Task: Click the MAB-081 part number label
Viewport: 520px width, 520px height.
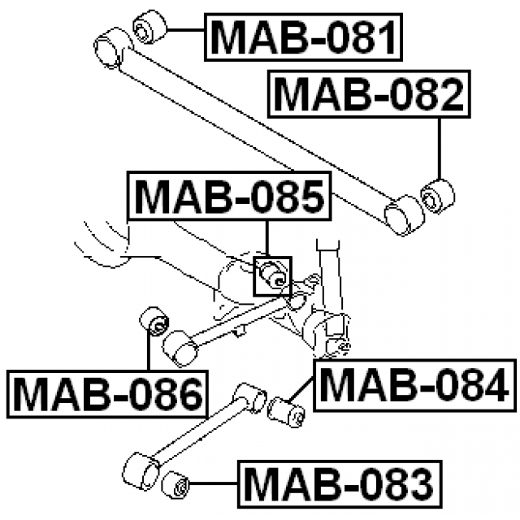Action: click(x=305, y=37)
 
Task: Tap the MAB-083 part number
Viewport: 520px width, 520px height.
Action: click(x=340, y=484)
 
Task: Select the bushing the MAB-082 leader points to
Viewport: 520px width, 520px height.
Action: click(x=438, y=196)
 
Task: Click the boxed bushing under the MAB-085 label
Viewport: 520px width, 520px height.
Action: click(x=272, y=276)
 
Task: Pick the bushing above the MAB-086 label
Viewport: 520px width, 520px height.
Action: click(x=154, y=322)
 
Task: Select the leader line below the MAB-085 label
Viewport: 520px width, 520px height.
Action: click(x=268, y=237)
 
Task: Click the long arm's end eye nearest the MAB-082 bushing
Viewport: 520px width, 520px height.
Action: click(x=404, y=215)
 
